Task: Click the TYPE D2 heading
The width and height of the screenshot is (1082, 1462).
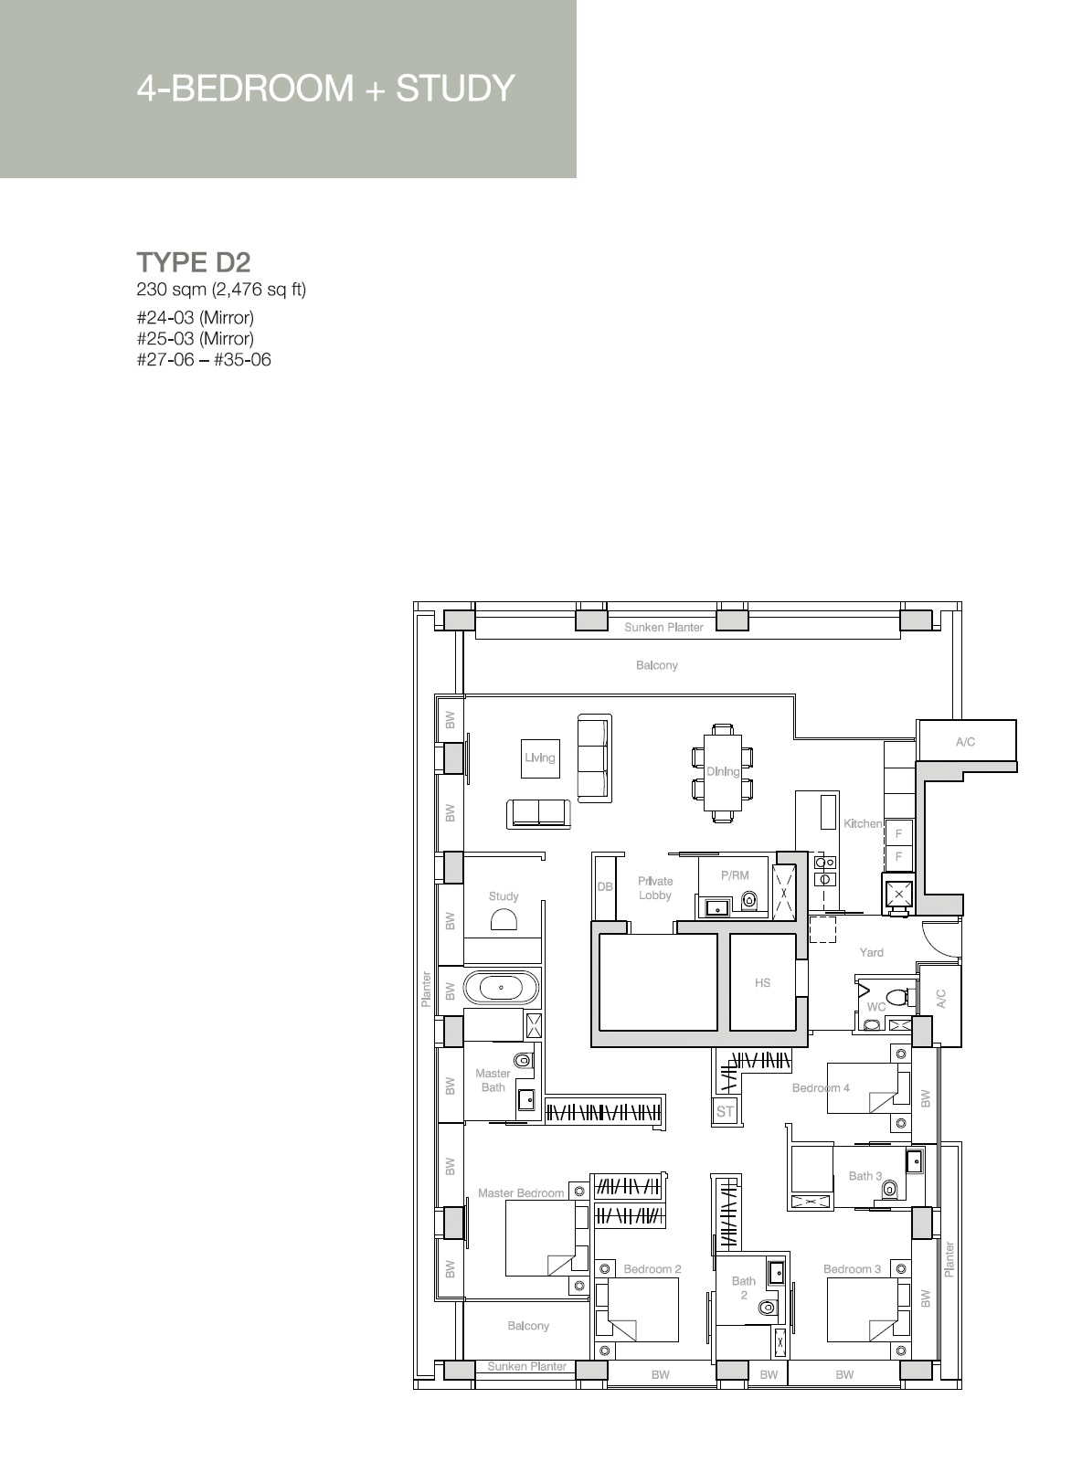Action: (x=193, y=262)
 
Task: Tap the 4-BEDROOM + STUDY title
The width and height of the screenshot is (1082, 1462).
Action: (x=325, y=89)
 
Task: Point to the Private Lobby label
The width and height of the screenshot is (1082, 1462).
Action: (x=654, y=888)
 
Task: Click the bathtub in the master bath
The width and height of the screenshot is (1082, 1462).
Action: (x=501, y=988)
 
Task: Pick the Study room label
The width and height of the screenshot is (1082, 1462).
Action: (x=504, y=895)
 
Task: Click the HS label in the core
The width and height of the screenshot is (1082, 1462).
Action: (x=762, y=983)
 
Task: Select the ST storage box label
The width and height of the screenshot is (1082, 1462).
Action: (x=725, y=1112)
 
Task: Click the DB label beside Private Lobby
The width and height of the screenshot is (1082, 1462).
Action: (x=605, y=886)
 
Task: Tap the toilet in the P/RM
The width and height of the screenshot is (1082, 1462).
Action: (x=749, y=899)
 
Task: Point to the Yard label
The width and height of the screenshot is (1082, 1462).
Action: (x=871, y=952)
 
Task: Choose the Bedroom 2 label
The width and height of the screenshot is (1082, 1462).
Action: (x=652, y=1269)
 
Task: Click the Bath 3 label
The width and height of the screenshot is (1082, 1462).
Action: (x=865, y=1175)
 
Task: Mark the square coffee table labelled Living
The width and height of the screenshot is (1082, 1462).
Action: (x=540, y=758)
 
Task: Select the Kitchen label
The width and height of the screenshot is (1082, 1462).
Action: (x=863, y=823)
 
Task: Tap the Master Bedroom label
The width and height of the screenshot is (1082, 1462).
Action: (x=521, y=1193)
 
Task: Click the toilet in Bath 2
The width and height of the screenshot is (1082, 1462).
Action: (x=766, y=1308)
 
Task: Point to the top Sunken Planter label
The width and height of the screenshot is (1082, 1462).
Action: (x=663, y=627)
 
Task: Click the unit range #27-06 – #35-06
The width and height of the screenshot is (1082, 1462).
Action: (x=204, y=359)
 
